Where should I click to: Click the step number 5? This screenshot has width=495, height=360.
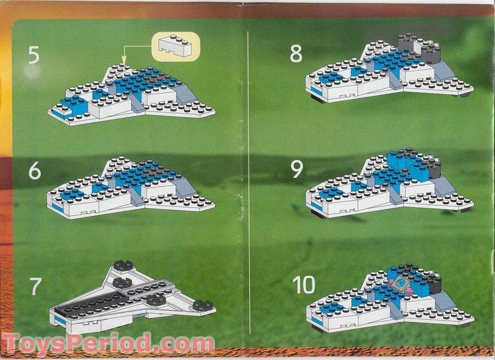click(x=34, y=55)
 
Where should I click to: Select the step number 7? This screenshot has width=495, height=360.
click(x=34, y=286)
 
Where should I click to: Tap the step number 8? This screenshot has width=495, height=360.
click(x=296, y=53)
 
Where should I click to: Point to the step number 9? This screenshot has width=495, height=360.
click(x=297, y=169)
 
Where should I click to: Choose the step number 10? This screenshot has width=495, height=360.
click(x=304, y=285)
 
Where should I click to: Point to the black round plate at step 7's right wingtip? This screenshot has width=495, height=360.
click(x=202, y=305)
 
